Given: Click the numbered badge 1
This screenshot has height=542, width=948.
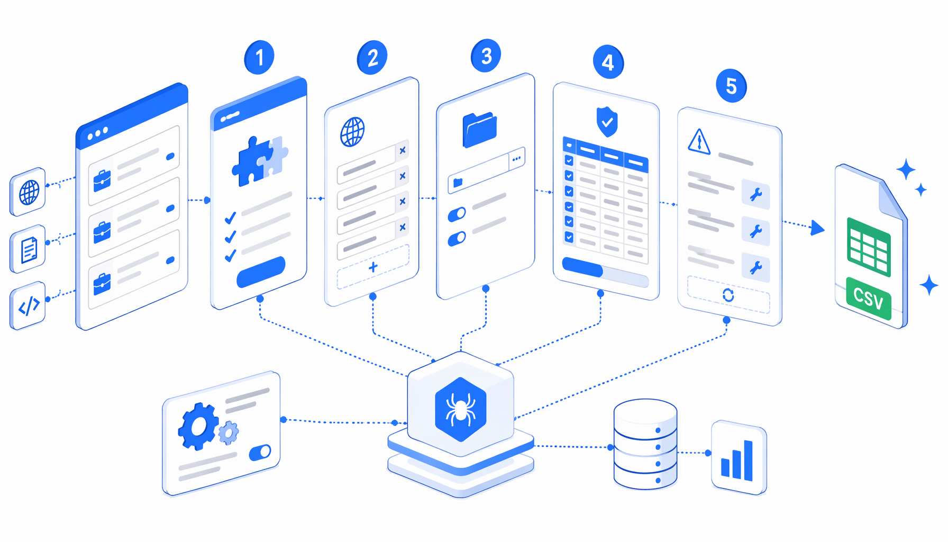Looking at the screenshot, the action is click(x=259, y=57).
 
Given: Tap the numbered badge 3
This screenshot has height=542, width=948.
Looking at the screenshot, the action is click(x=486, y=56).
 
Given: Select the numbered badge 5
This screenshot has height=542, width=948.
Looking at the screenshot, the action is click(x=731, y=86).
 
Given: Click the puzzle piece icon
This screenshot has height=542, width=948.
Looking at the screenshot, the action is click(x=260, y=161).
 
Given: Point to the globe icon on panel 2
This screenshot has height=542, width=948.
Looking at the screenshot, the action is click(x=352, y=132).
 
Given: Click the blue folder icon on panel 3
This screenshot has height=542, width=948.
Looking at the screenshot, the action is click(x=480, y=129).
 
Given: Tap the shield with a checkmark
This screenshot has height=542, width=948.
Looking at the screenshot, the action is click(x=607, y=122).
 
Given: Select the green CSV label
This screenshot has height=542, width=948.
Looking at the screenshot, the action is click(x=868, y=299).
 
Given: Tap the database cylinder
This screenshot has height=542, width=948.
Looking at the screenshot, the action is click(x=645, y=444).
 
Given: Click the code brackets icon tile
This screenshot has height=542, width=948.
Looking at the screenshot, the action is click(x=28, y=306).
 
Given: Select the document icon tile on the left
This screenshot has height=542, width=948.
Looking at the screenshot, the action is click(x=28, y=249).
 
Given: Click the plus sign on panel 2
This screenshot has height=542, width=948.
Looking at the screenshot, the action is click(x=373, y=267).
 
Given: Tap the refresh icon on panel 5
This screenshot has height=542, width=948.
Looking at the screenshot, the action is click(x=728, y=295).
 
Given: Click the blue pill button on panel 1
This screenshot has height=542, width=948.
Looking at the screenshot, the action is click(x=261, y=272).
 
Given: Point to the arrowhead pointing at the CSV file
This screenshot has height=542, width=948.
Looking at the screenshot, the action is click(x=817, y=228).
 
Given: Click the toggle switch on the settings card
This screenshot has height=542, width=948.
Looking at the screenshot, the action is click(x=260, y=453).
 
